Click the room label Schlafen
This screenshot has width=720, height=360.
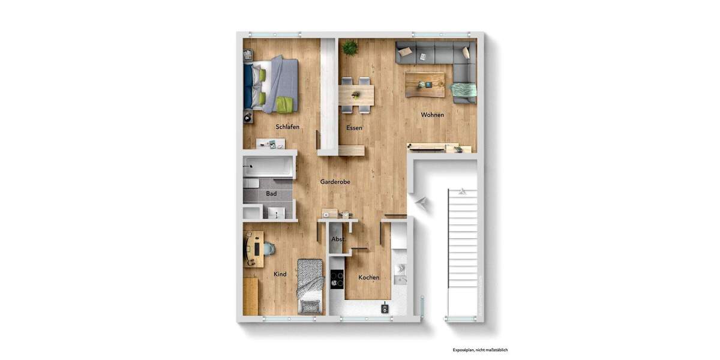click(287, 127)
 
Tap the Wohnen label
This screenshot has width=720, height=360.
click(432, 115)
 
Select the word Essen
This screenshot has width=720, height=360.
click(354, 128)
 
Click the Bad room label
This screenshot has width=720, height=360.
click(271, 194)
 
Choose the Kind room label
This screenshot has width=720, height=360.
click(280, 274)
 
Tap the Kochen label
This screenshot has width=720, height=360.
click(368, 277)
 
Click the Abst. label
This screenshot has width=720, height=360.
click(338, 239)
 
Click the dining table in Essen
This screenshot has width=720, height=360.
click(356, 94)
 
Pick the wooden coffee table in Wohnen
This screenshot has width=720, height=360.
click(425, 83)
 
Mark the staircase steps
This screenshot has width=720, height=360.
click(464, 252)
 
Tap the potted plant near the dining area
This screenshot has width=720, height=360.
click(350, 47)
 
